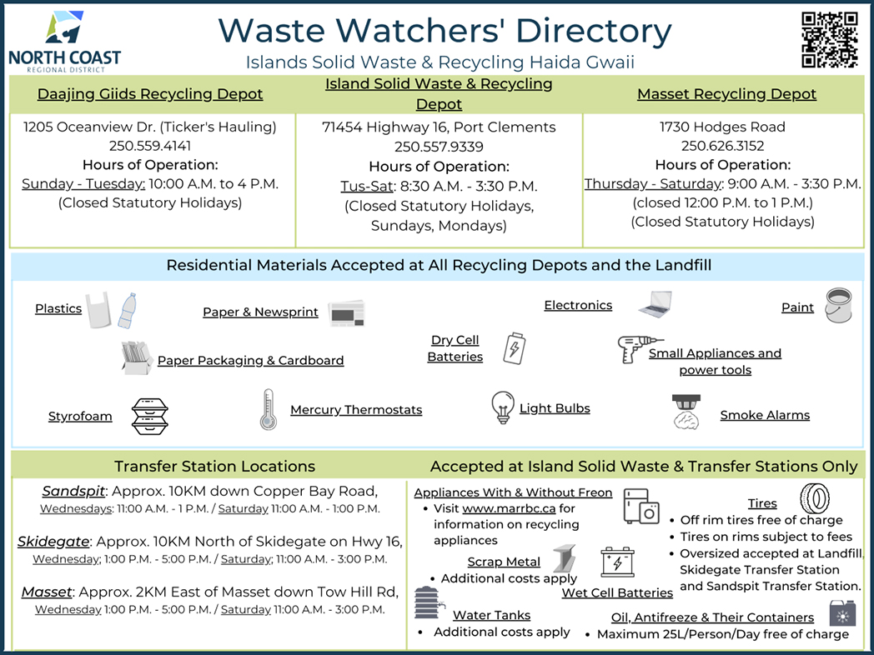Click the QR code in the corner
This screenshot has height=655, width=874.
pyautogui.click(x=829, y=39)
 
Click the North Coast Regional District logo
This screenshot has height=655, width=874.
pyautogui.click(x=64, y=40)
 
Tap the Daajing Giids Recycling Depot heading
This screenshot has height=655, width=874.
pyautogui.click(x=150, y=94)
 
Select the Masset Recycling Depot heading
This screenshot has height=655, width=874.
pyautogui.click(x=726, y=94)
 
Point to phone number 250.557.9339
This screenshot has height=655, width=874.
pyautogui.click(x=439, y=147)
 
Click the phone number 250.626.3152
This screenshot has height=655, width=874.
pyautogui.click(x=722, y=147)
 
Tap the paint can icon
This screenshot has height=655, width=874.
pyautogui.click(x=837, y=306)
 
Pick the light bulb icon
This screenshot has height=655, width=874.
pyautogui.click(x=501, y=407)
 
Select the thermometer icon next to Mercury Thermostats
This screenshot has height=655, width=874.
pyautogui.click(x=268, y=409)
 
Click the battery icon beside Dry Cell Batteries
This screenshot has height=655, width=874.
pyautogui.click(x=513, y=347)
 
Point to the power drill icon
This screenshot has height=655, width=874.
pyautogui.click(x=638, y=347)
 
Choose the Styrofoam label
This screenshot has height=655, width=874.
pyautogui.click(x=80, y=417)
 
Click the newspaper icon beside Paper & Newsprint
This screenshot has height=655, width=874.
pyautogui.click(x=346, y=312)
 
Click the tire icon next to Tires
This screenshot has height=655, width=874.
pyautogui.click(x=815, y=499)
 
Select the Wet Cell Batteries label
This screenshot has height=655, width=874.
pyautogui.click(x=617, y=593)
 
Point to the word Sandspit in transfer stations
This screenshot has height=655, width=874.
pyautogui.click(x=74, y=491)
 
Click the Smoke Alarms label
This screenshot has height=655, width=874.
pyautogui.click(x=765, y=415)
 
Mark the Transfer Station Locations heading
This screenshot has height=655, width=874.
pyautogui.click(x=214, y=466)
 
